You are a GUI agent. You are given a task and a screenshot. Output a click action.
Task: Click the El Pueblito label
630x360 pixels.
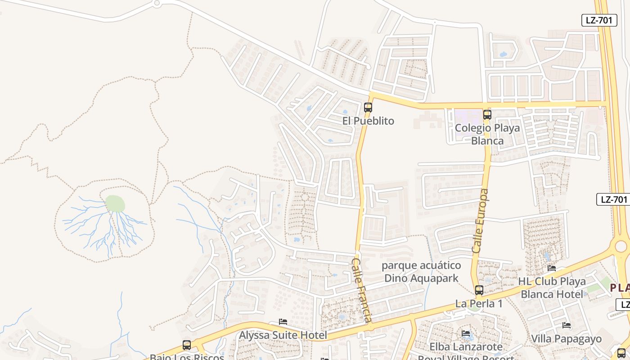tap(368, 121)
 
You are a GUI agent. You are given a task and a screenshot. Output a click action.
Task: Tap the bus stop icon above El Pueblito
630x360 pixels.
tap(368, 108)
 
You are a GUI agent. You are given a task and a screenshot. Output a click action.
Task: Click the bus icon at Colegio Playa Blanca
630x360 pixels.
tap(487, 114)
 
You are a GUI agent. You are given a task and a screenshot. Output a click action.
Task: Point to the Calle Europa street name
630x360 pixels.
tap(480, 220)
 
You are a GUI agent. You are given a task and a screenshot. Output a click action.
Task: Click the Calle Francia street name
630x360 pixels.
tap(362, 290)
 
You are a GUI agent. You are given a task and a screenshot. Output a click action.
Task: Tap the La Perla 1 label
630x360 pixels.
tap(478, 304)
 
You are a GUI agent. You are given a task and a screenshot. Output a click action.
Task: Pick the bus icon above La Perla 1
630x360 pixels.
tap(479, 290)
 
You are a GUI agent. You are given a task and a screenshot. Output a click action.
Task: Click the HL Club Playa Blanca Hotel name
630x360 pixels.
tap(552, 288)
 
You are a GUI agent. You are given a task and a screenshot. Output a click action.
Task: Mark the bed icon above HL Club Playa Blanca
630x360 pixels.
tap(552, 268)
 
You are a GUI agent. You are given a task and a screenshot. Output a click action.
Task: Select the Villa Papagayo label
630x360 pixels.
tap(566, 339)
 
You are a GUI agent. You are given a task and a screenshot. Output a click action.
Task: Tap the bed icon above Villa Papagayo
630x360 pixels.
tap(566, 325)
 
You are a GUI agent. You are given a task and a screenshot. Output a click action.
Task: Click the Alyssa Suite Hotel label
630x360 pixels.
tap(283, 335)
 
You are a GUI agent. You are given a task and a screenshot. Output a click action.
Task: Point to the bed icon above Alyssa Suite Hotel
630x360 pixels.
tap(283, 322)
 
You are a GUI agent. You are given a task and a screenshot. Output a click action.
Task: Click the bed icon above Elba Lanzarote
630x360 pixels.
tap(466, 333)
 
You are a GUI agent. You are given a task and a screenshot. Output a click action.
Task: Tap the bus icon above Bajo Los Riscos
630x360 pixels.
tap(187, 345)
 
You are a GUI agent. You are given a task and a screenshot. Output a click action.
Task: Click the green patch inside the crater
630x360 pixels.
tap(115, 203)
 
